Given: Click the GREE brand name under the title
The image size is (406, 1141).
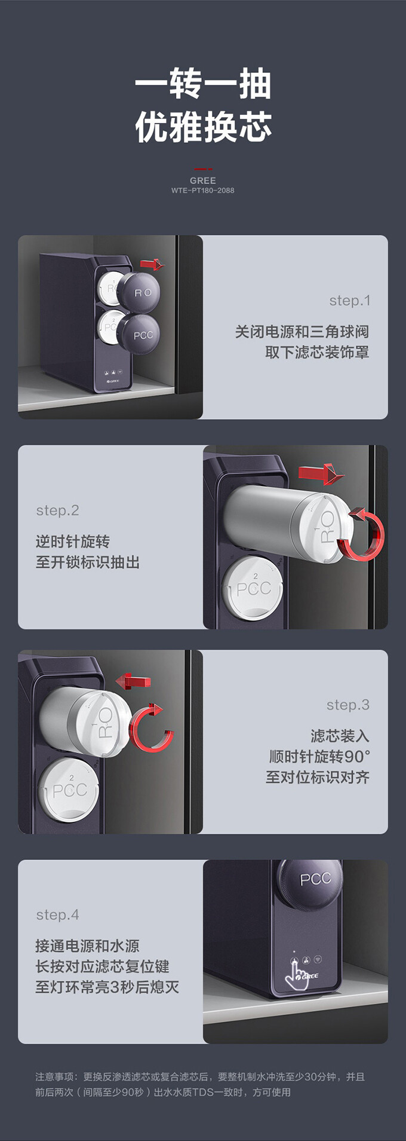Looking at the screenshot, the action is click(203, 181).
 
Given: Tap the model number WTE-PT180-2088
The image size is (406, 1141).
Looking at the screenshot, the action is click(203, 191).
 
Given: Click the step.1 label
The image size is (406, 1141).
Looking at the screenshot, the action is click(350, 301).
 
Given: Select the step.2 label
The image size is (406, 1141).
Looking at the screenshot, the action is click(57, 510).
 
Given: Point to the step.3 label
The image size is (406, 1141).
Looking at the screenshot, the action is click(348, 705).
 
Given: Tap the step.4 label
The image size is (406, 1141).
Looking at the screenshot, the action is click(57, 915).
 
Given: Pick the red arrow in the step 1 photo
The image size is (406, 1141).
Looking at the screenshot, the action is click(152, 264).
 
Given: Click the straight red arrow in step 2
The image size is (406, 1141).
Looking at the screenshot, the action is click(321, 474).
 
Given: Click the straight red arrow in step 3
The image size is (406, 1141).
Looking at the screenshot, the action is click(133, 681).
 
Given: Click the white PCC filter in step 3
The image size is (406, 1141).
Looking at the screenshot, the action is click(69, 790).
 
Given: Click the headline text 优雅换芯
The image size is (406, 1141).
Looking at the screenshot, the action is click(203, 127).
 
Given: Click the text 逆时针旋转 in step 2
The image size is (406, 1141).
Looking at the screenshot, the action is click(73, 542).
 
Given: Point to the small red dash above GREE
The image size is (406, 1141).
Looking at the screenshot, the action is click(203, 170).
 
